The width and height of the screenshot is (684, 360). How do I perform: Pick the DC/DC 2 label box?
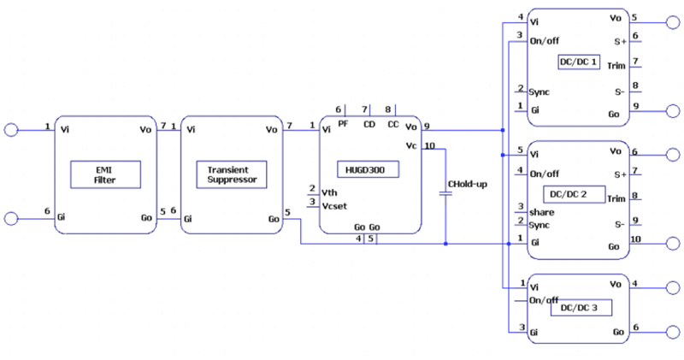568,194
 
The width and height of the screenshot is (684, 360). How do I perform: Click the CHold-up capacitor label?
468,185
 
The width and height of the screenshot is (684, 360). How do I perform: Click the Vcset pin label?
334,204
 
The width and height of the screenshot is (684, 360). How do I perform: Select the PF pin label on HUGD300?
344,124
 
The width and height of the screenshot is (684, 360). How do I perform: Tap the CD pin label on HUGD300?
369,124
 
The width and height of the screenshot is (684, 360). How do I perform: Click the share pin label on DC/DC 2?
541,211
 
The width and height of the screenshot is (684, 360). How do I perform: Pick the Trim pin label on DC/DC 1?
616,66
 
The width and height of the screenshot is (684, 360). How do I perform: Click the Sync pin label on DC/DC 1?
540,91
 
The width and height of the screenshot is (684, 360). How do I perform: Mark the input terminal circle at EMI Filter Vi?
11,129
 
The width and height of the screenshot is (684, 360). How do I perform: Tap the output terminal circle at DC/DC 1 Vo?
673,20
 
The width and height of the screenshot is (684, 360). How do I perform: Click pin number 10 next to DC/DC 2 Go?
635,239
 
